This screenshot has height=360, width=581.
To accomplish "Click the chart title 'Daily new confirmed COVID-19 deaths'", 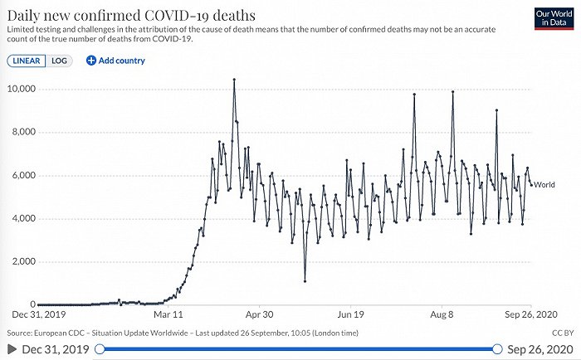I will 131,16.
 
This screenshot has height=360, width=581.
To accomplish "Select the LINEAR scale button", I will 27,61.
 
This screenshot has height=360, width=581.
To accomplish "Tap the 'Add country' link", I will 115,61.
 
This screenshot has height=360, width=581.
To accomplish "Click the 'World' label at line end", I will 545,184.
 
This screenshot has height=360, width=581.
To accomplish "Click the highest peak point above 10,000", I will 234,80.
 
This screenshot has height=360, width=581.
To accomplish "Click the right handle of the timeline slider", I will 496,349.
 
